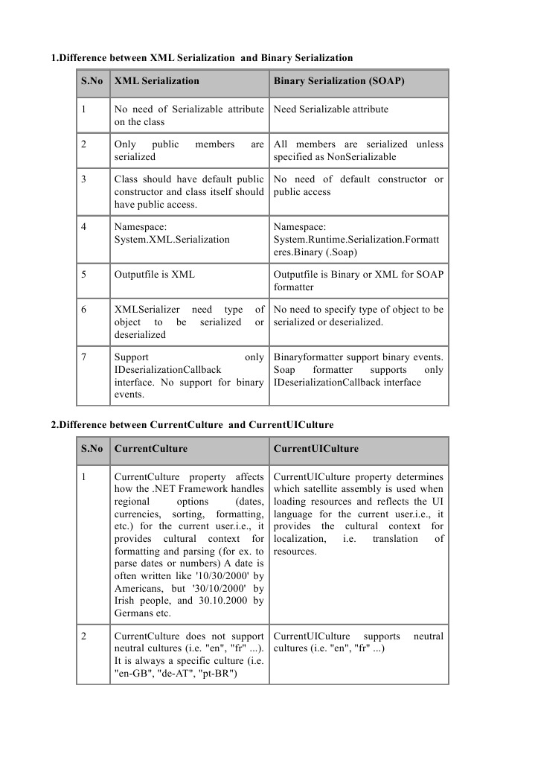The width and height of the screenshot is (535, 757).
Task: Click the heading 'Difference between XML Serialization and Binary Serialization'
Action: pos(201,57)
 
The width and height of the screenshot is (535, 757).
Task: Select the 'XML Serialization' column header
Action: pos(156,81)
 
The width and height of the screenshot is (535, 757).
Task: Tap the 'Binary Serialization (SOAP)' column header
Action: pos(339,81)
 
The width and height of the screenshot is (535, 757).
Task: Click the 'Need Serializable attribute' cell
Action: pos(331,109)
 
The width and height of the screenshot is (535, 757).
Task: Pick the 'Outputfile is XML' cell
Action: pos(155,274)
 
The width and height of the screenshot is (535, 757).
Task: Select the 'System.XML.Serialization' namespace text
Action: pos(172,240)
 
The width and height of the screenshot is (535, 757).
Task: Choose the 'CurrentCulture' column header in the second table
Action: pos(150,449)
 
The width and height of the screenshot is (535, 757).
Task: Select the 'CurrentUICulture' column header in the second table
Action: pos(315,449)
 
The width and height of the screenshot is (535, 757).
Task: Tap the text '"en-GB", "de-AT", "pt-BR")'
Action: pos(176,674)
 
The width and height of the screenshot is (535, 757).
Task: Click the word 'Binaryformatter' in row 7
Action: pos(308,357)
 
